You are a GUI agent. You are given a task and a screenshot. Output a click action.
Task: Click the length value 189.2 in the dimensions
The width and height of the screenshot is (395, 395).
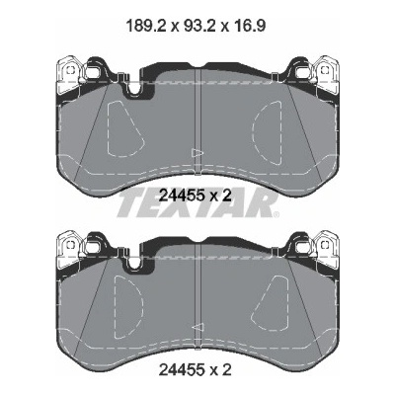(147, 26)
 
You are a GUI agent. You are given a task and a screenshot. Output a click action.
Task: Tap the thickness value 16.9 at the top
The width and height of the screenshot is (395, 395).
(249, 26)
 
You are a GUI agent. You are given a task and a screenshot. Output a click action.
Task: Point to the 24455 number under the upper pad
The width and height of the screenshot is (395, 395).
(183, 197)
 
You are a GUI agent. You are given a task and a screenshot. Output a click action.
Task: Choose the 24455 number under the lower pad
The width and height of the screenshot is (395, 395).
(183, 370)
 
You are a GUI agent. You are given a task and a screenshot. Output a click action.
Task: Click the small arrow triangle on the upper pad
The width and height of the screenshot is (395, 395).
(197, 152)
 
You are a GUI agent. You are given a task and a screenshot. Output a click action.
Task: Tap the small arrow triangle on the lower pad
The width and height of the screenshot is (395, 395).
(197, 327)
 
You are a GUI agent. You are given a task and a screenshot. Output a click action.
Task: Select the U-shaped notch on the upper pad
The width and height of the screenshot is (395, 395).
(134, 90)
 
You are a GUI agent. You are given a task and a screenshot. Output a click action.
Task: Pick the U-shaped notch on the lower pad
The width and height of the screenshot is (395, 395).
(134, 265)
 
